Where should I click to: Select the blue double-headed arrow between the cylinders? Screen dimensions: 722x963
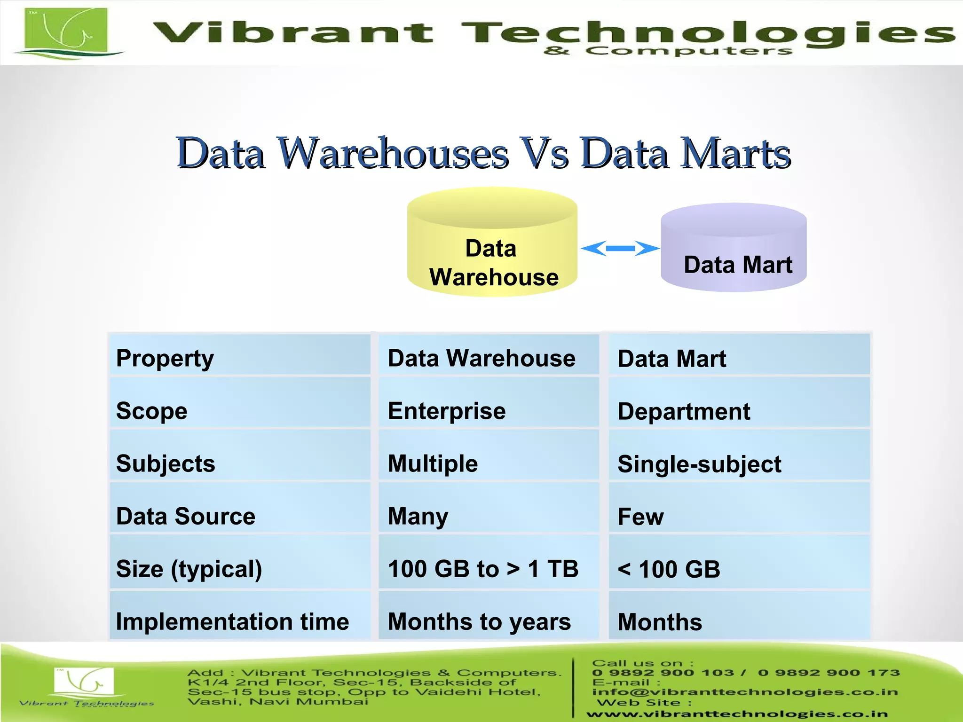click(620, 248)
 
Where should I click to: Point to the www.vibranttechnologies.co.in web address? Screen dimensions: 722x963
click(737, 714)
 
